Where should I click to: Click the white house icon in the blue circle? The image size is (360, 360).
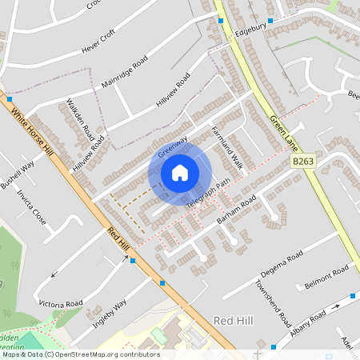[180, 173]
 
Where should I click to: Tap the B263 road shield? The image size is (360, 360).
[301, 162]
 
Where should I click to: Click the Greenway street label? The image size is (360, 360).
[172, 146]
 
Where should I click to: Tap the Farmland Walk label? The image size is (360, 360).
[226, 146]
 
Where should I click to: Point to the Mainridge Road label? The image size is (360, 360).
[125, 72]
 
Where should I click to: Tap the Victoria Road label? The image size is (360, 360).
[61, 304]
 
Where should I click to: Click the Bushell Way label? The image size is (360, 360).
[17, 174]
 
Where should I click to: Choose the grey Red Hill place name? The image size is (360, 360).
[233, 320]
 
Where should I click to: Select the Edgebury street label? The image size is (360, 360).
[250, 26]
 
